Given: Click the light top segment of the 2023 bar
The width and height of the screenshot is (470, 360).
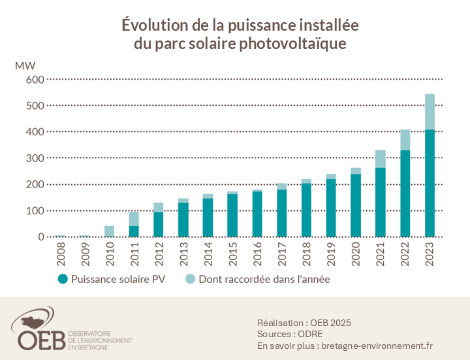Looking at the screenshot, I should click(x=430, y=112).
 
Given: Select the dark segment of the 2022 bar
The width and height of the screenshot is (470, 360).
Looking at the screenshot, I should click(x=405, y=193).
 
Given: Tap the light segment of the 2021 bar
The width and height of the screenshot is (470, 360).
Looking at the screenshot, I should click(x=381, y=159).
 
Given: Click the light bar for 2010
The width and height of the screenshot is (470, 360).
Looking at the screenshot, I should click(x=110, y=231).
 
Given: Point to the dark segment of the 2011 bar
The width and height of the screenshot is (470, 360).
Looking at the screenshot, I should click(x=134, y=231).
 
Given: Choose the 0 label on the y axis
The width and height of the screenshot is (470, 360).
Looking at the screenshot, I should click(x=40, y=237).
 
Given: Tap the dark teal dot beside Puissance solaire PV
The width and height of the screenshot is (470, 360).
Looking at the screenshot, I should click(x=63, y=279).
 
